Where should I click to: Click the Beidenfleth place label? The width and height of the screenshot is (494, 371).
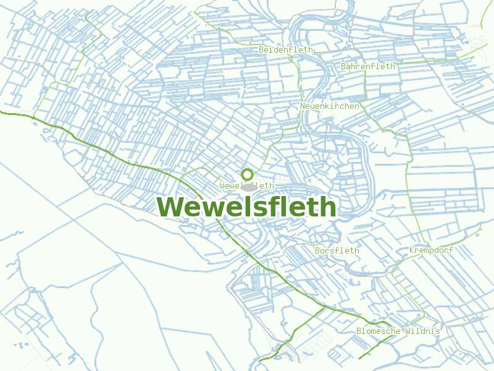coord(286,49)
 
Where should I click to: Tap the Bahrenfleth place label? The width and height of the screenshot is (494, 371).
coord(368,66)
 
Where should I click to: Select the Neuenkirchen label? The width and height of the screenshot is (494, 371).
coord(330,106)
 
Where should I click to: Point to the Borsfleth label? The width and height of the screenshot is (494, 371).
coord(337,250)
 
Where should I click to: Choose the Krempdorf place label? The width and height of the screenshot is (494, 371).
coord(431,250)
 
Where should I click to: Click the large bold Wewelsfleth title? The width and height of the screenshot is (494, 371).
coord(246,207)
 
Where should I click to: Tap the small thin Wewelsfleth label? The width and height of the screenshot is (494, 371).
coord(246,185)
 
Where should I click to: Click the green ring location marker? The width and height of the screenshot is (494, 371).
coord(248,174)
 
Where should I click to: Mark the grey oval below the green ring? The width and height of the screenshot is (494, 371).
coord(249,187)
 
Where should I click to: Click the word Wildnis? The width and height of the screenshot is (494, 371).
coord(423,331)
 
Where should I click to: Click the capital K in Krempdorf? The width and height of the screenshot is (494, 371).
coord(412,250)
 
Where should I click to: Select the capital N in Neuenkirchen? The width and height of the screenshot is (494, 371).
coord(303,106)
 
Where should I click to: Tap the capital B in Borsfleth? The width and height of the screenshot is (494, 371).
coord(317,250)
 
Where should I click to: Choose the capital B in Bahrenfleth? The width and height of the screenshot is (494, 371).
coord(344,66)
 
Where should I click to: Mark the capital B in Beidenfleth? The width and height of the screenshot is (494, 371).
coord(262,49)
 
